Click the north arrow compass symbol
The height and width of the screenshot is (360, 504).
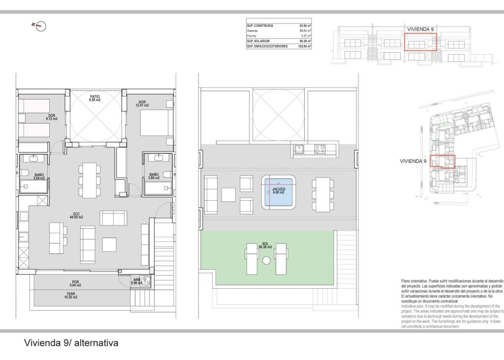41,26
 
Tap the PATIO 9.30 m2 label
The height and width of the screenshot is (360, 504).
94,98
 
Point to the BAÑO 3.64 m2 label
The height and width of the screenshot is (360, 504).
39,177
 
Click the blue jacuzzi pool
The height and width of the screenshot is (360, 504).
279,191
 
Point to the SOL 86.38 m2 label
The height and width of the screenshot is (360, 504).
265,245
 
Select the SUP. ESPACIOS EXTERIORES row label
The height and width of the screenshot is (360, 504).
267,46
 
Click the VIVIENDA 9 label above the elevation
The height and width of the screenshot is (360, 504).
420,30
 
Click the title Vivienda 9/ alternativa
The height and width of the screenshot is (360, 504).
71,343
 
